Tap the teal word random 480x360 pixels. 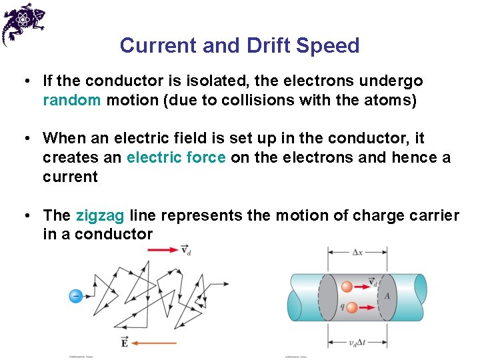point(72,100)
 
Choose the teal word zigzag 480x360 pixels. point(100,215)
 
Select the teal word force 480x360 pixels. point(205,157)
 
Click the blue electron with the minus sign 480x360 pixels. point(76,295)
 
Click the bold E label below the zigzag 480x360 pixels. point(125,343)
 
